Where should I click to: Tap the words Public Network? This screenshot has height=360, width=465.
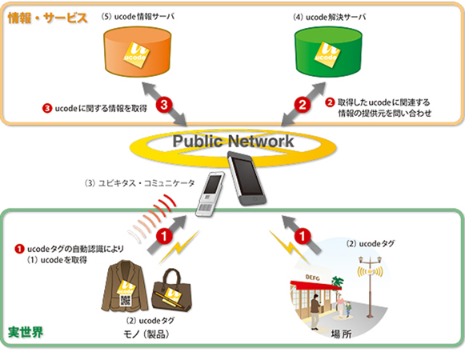[232, 142]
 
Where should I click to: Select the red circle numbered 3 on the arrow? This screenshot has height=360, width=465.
[163, 104]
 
